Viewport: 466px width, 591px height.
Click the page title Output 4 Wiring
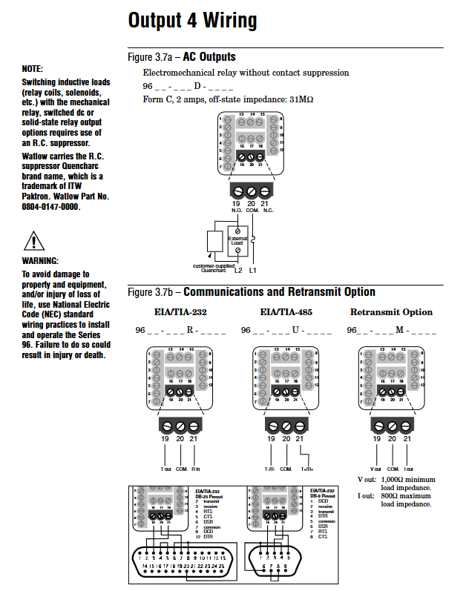(193, 20)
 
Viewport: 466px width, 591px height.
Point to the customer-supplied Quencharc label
(214, 267)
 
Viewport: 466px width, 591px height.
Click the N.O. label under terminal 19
(237, 209)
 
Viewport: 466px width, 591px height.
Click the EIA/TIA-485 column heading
(286, 312)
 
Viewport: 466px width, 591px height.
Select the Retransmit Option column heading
(391, 312)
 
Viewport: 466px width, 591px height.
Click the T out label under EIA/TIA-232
(165, 469)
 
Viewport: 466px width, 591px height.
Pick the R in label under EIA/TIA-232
(194, 469)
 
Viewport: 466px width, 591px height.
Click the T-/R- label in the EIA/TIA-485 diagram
(271, 469)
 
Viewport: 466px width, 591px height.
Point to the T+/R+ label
(306, 469)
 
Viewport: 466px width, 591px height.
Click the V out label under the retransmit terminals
(375, 469)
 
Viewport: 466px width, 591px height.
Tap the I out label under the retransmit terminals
(409, 469)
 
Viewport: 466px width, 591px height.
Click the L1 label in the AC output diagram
(252, 270)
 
